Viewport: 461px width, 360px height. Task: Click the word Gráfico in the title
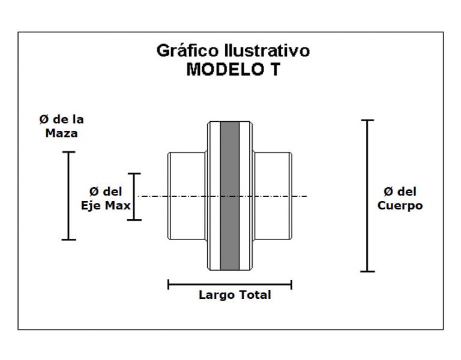[188, 51]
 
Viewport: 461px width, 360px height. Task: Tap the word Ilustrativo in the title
[267, 50]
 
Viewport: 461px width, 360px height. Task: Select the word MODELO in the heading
[225, 70]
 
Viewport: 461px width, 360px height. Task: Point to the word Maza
[61, 133]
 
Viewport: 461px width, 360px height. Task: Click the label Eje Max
[106, 205]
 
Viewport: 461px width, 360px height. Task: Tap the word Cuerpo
[400, 206]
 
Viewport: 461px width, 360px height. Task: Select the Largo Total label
[235, 295]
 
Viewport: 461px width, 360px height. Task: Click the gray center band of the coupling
[230, 196]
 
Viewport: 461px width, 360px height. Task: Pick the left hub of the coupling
[187, 196]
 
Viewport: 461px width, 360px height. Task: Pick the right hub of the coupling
[273, 196]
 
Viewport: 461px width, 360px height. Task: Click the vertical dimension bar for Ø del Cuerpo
[367, 196]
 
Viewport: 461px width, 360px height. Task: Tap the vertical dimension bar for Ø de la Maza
[69, 196]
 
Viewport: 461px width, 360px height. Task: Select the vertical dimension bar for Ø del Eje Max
[134, 197]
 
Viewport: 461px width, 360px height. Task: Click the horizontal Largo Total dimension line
[230, 284]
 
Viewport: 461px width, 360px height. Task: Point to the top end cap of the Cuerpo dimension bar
[367, 120]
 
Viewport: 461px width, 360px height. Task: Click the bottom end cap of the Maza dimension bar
[69, 240]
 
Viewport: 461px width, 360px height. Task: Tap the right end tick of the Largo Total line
[291, 284]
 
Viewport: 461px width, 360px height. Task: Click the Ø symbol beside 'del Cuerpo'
[388, 191]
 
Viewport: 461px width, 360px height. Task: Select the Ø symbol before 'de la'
[44, 119]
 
